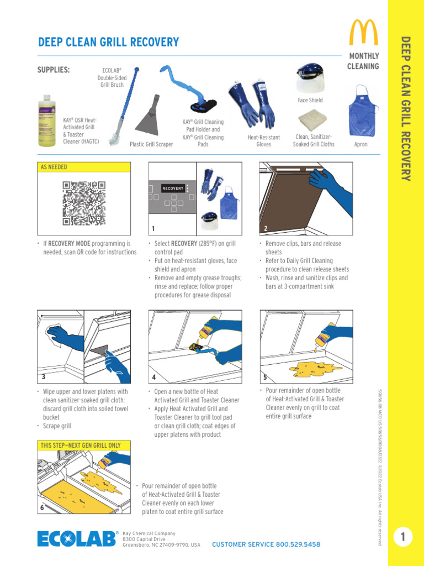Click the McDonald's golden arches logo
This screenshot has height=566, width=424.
click(x=363, y=33)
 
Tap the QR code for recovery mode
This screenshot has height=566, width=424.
click(x=83, y=203)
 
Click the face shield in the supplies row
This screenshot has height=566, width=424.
click(x=310, y=80)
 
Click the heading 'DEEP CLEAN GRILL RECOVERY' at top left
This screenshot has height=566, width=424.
click(x=108, y=43)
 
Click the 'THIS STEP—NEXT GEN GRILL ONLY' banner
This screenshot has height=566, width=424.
click(x=84, y=445)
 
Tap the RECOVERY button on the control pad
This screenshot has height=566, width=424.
click(x=173, y=188)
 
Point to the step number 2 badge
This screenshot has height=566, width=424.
click(x=266, y=228)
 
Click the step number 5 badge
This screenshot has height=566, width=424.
click(x=266, y=378)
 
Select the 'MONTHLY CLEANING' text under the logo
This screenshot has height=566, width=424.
click(x=363, y=61)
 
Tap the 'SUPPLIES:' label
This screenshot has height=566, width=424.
click(x=53, y=70)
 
